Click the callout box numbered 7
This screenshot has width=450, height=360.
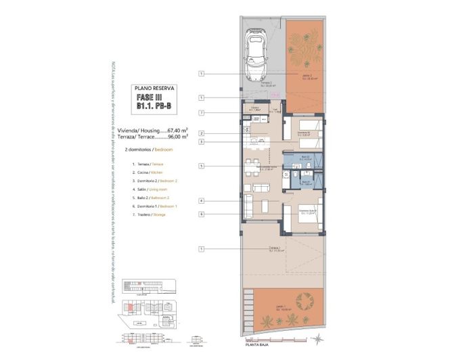pos(202,112)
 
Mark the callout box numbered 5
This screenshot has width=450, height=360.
pos(202,166)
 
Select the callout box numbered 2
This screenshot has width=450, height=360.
pos(202,134)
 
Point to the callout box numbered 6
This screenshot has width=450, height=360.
pos(202,215)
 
